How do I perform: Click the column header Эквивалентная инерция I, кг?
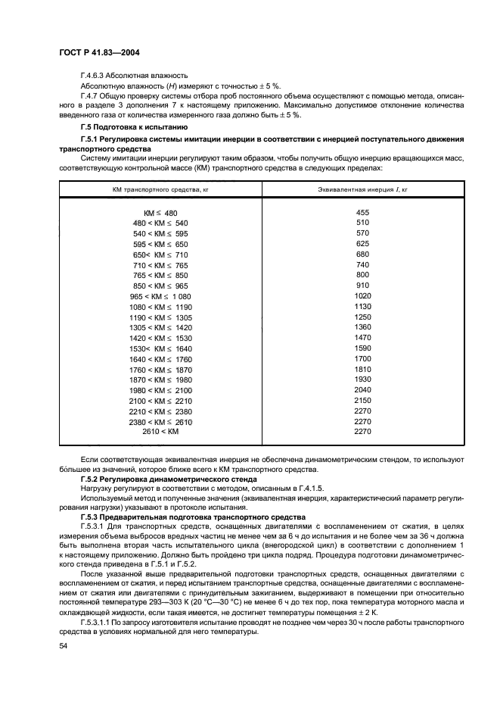pyautogui.click(x=362, y=189)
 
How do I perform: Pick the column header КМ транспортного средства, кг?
pyautogui.click(x=160, y=189)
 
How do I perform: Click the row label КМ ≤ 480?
pyautogui.click(x=160, y=213)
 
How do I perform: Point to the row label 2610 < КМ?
pyautogui.click(x=160, y=432)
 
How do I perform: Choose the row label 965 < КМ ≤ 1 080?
pyautogui.click(x=160, y=296)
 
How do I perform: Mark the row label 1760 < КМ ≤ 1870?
pyautogui.click(x=160, y=369)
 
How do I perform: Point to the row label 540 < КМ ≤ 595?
pyautogui.click(x=160, y=234)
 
